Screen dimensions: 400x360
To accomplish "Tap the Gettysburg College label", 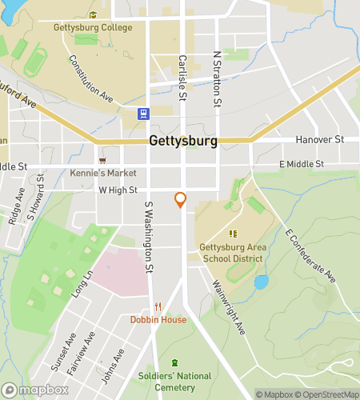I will tap(93, 27).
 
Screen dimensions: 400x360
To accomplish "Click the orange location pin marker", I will tap(181, 199).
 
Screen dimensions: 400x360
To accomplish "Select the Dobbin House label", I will tap(158, 319).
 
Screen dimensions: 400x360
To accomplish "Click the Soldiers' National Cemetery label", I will tap(175, 380).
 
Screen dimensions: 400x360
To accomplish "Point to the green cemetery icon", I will tap(175, 364).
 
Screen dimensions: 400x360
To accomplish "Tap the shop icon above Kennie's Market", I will tap(102, 160).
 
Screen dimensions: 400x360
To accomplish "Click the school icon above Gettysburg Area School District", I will tap(233, 234).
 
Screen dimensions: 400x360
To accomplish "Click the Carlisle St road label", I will tap(182, 81).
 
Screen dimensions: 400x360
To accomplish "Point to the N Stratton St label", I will tap(217, 80).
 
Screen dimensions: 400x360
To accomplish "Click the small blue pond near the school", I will tap(260, 282).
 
